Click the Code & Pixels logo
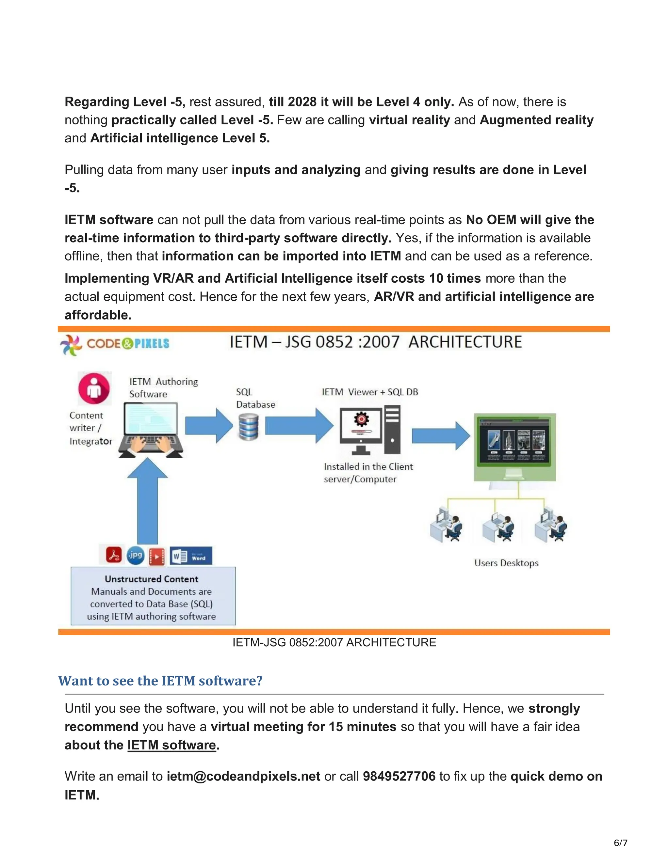tap(115, 344)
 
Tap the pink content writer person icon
tap(94, 388)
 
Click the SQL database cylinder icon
tap(249, 427)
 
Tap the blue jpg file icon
tap(135, 555)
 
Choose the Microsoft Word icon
tap(191, 556)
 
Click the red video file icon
tap(156, 556)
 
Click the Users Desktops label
tap(506, 563)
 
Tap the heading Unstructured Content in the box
tap(151, 579)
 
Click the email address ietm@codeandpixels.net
tap(243, 776)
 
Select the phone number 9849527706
tap(399, 776)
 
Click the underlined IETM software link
tap(171, 745)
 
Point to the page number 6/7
tap(620, 843)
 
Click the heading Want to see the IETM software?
tap(160, 681)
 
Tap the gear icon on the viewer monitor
tap(361, 419)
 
